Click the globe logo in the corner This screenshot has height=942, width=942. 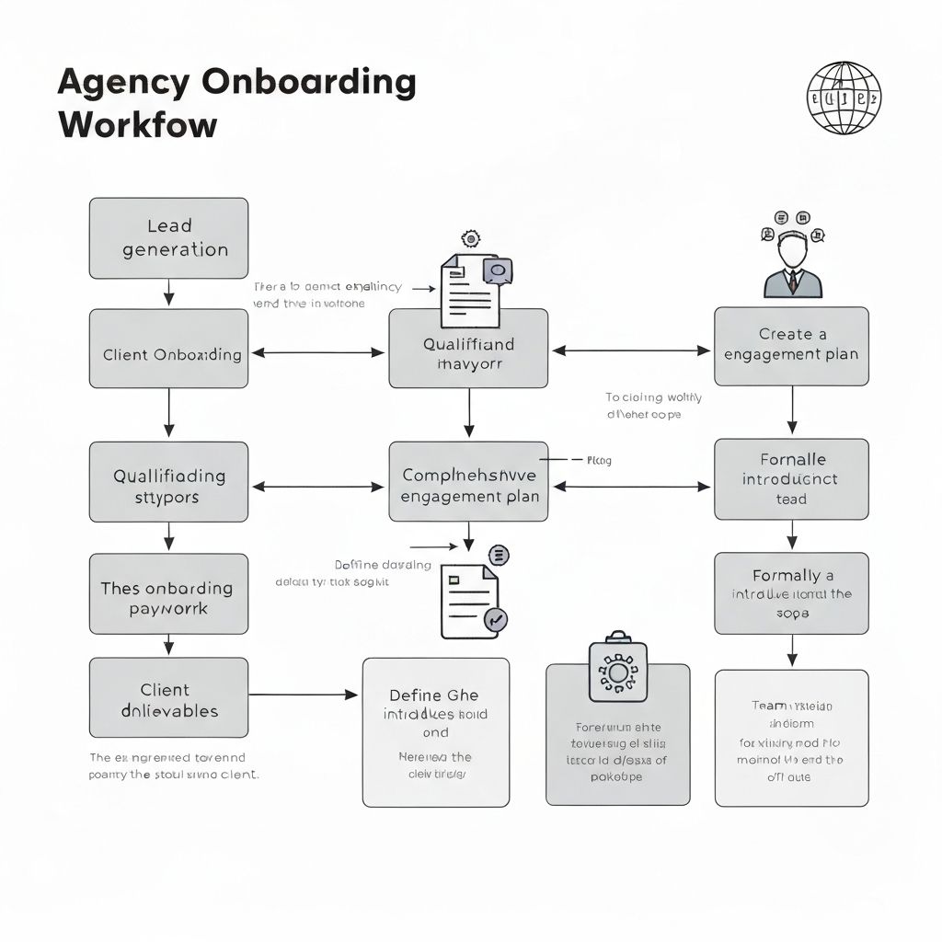click(844, 98)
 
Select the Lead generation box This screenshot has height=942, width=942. click(168, 238)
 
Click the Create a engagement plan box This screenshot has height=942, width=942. click(791, 346)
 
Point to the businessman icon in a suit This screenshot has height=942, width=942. click(792, 261)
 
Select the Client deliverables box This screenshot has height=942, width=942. click(168, 697)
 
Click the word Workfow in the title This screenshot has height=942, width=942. click(137, 125)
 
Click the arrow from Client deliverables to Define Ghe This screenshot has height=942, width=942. click(304, 695)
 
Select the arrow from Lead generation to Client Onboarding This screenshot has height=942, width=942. click(168, 293)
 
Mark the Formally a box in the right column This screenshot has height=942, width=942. click(791, 593)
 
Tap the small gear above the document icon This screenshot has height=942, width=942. click(471, 238)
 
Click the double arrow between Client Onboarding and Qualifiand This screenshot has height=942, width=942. click(317, 352)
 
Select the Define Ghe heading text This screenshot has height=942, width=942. click(434, 695)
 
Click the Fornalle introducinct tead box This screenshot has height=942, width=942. click(791, 478)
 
